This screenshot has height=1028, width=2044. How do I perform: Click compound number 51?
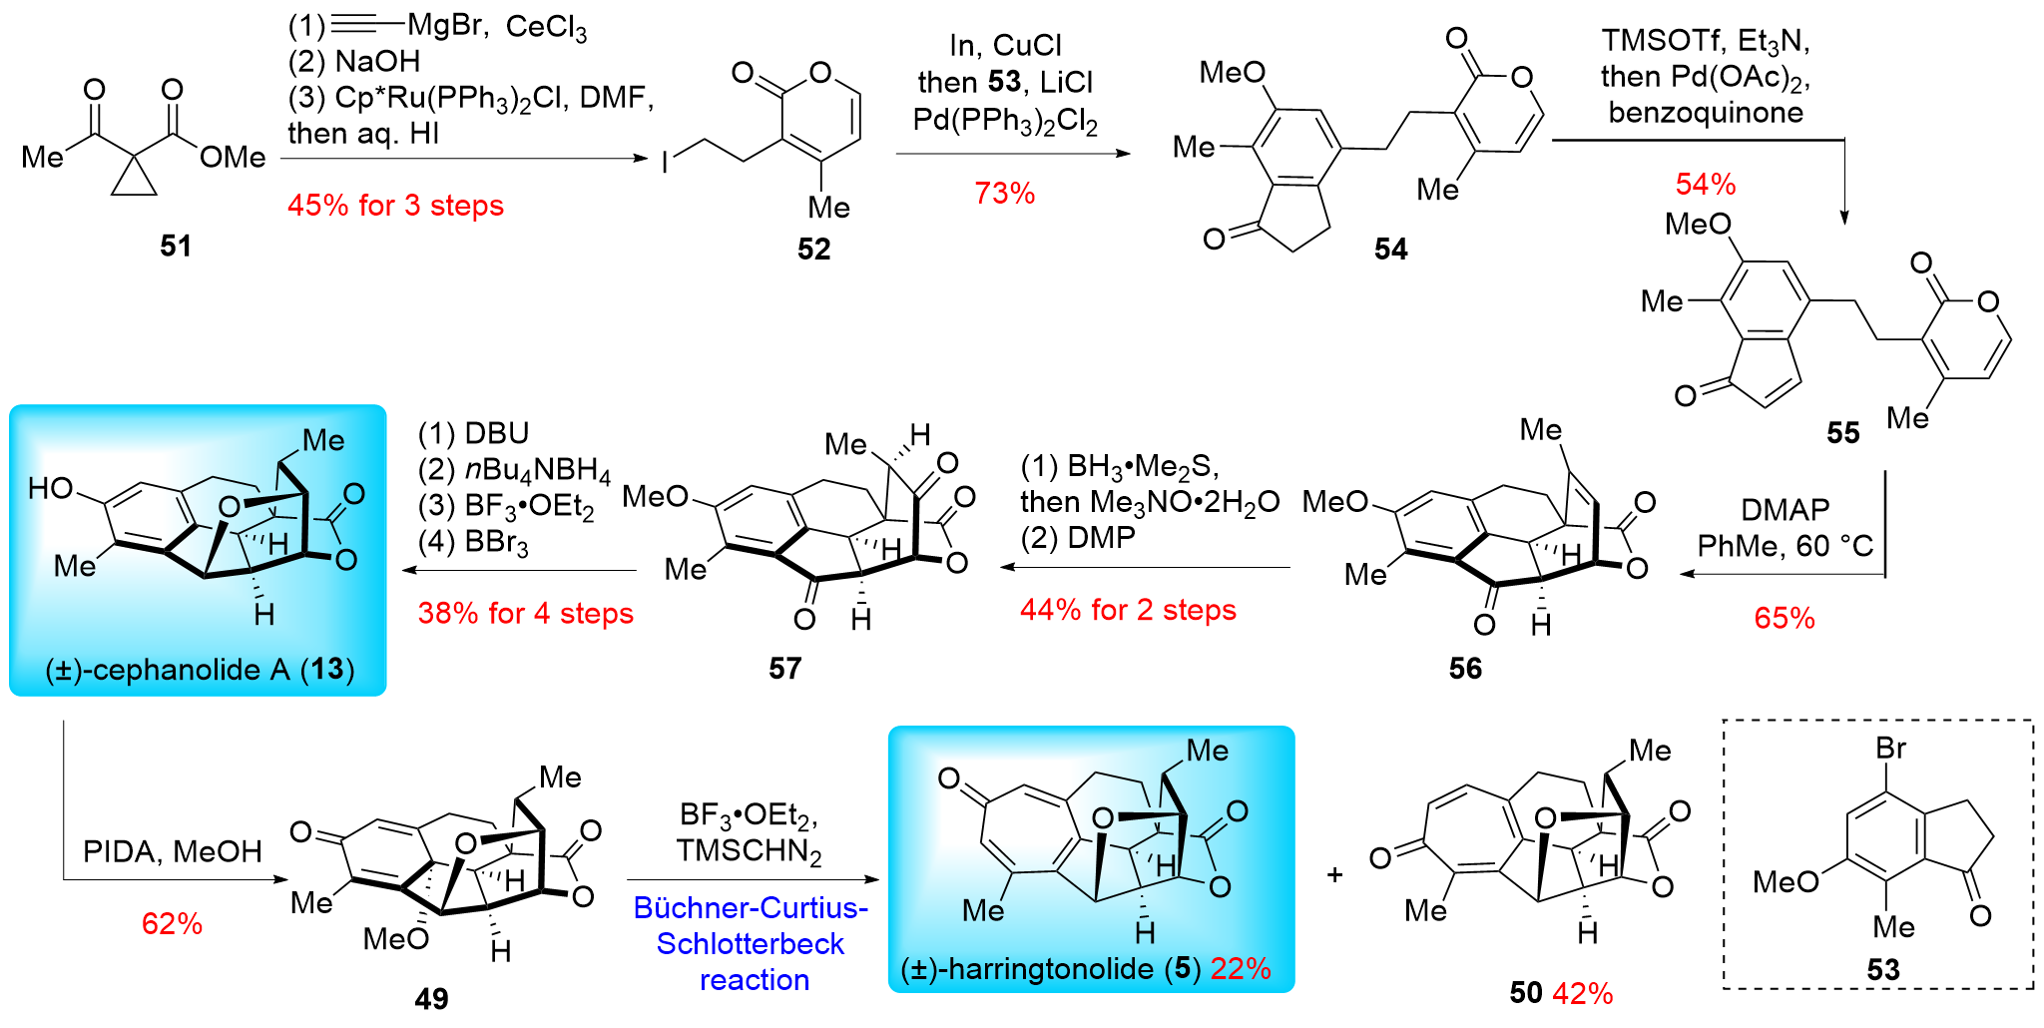[x=176, y=246]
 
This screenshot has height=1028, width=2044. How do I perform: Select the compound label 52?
[x=813, y=249]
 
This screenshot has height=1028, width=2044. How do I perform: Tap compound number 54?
[x=1390, y=249]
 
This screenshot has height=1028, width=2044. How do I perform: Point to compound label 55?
[x=1843, y=432]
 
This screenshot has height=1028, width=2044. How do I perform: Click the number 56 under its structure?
[x=1465, y=668]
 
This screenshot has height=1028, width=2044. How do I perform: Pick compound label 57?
[x=784, y=668]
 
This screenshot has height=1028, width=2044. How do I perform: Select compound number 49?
[x=431, y=998]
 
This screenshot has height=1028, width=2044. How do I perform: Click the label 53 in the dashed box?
[x=1883, y=969]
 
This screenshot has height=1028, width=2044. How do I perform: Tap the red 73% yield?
[x=1004, y=193]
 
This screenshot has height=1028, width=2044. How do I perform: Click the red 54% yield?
[x=1706, y=184]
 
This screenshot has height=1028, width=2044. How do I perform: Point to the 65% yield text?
[x=1785, y=618]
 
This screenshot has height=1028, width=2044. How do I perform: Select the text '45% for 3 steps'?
[x=395, y=206]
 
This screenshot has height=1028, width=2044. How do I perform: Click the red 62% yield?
[x=172, y=923]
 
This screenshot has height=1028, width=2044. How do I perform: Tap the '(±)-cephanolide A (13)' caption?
[x=200, y=669]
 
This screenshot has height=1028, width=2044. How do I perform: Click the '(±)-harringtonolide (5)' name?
[x=1048, y=968]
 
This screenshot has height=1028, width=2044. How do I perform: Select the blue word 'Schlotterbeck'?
[x=751, y=943]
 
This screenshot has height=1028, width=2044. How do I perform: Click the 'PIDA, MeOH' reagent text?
[x=172, y=851]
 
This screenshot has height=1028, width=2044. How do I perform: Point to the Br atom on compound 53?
[x=1890, y=748]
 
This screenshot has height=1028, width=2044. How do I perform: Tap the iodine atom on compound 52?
[x=665, y=162]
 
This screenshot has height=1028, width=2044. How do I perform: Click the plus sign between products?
[x=1335, y=875]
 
